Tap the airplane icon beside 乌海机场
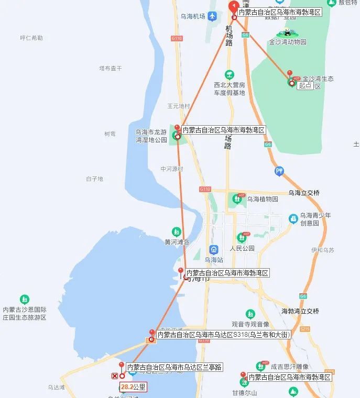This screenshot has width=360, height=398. (x=212, y=16)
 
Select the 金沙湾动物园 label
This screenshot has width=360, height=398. (x=287, y=42)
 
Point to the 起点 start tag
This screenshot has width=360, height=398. (x=305, y=85)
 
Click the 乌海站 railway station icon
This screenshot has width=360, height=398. (x=214, y=250)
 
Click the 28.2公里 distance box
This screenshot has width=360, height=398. (x=133, y=388)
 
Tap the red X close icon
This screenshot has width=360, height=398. (x=115, y=375)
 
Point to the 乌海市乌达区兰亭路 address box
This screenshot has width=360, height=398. (x=174, y=367)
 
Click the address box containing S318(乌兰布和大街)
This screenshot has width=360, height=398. (x=224, y=334)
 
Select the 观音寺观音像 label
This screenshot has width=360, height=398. (x=250, y=324)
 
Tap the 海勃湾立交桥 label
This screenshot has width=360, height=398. (x=300, y=311)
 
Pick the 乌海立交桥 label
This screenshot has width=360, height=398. (x=303, y=193)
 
